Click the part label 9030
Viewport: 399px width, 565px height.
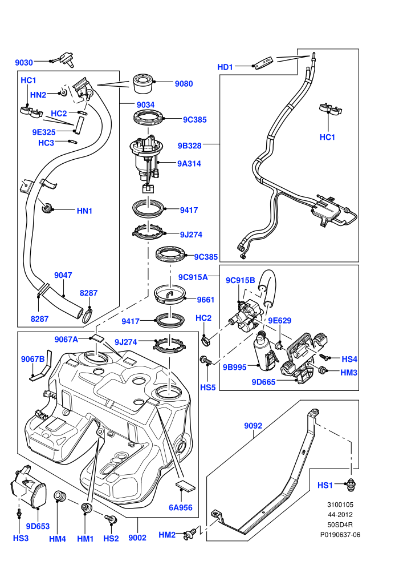tap(24, 63)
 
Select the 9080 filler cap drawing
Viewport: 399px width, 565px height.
tap(144, 84)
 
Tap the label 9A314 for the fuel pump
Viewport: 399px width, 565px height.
tap(189, 164)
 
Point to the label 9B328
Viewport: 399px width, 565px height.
tap(190, 146)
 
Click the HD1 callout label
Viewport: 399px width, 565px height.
tap(225, 67)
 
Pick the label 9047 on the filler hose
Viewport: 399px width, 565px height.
tap(63, 275)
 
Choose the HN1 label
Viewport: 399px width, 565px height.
tap(84, 211)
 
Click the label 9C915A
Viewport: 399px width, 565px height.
tap(193, 277)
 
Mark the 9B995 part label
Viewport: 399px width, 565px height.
tap(235, 367)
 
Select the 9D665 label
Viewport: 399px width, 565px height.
tap(263, 382)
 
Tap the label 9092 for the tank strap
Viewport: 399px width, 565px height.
tap(253, 426)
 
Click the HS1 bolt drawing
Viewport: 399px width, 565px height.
tap(350, 485)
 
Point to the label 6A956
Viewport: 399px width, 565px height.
tap(181, 508)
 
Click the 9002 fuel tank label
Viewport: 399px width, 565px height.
tap(137, 538)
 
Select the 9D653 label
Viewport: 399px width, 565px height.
tap(38, 526)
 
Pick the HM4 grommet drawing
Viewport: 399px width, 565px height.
tap(59, 496)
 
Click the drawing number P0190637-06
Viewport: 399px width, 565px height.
tap(340, 535)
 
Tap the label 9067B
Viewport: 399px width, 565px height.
tap(32, 359)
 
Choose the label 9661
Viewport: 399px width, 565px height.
tap(205, 300)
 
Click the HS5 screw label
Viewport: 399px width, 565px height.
tap(207, 388)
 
